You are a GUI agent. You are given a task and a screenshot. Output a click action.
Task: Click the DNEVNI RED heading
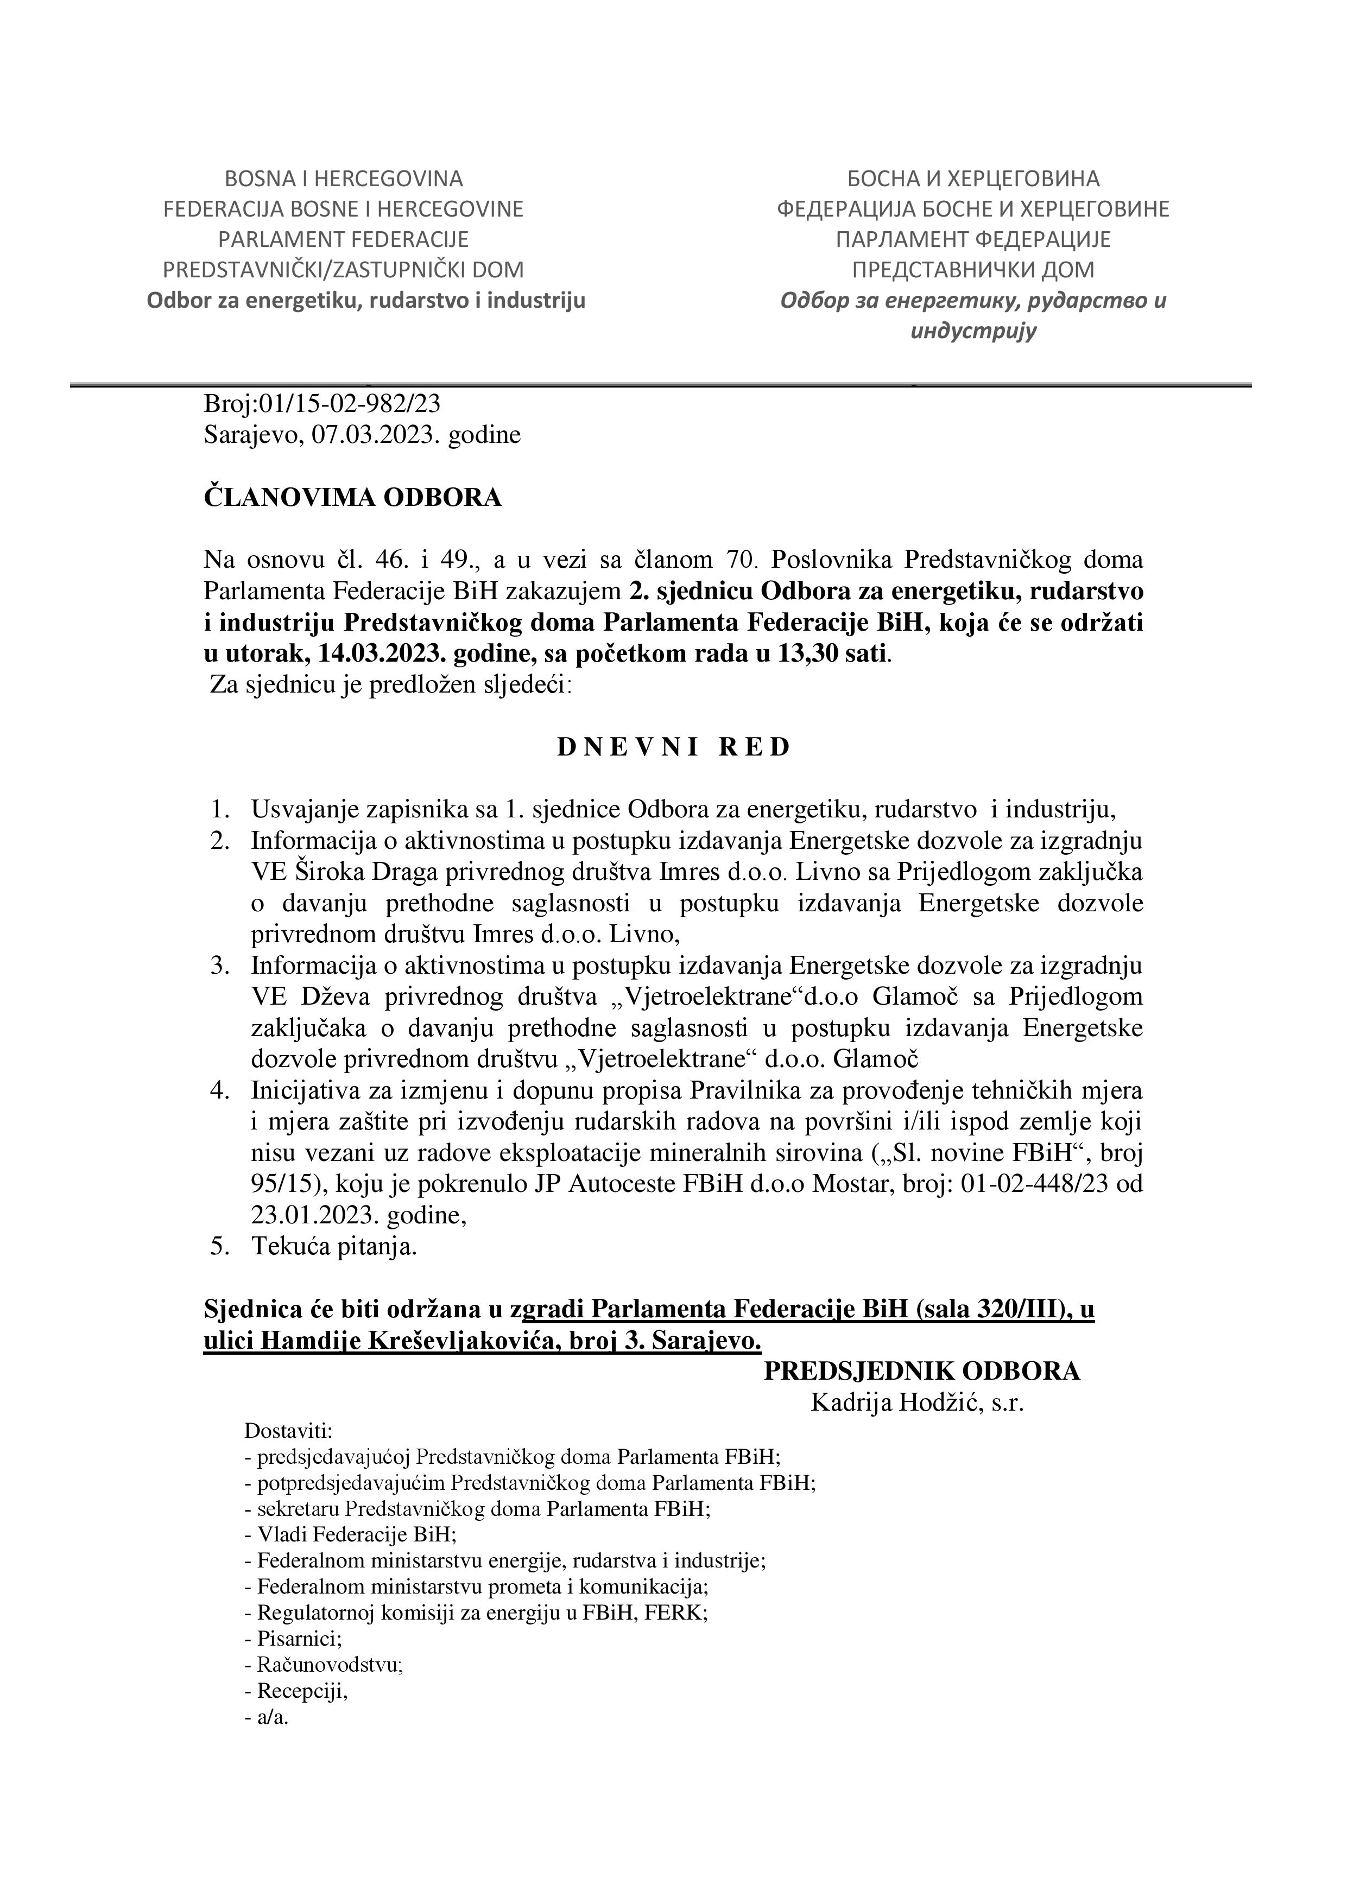pos(673,747)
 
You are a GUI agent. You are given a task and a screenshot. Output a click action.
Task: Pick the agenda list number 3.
pos(219,965)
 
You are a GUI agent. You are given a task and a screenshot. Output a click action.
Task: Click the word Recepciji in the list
pos(301,1691)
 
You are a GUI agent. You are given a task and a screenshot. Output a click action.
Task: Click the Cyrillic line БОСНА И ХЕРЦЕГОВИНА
pos(973,178)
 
